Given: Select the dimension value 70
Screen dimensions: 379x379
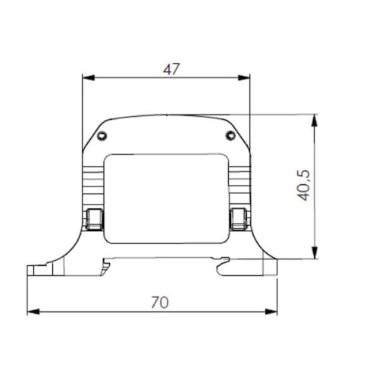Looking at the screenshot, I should pyautogui.click(x=159, y=302).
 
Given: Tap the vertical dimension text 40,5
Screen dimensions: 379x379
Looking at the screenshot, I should pyautogui.click(x=304, y=184).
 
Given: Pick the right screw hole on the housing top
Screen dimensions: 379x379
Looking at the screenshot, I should pyautogui.click(x=230, y=136).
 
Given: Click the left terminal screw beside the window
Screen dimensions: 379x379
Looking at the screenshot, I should pyautogui.click(x=94, y=219).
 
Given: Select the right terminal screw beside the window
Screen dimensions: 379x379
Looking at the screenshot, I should pyautogui.click(x=238, y=219).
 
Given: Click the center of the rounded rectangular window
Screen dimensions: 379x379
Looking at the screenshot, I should pyautogui.click(x=166, y=199).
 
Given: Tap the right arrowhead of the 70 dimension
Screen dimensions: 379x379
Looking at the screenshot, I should pyautogui.click(x=273, y=312).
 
